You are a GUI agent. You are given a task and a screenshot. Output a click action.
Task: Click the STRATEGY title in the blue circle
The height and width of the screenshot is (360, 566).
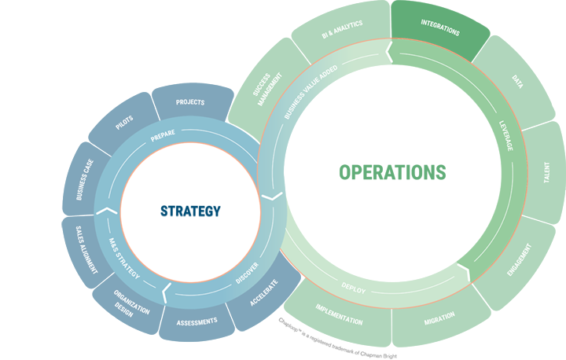click(190, 211)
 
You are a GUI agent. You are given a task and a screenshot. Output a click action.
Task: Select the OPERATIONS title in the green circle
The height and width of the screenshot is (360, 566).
click(392, 172)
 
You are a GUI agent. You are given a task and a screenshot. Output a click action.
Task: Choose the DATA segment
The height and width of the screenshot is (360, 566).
click(517, 81)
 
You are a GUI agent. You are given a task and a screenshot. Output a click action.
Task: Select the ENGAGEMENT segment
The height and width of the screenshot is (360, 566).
click(520, 260)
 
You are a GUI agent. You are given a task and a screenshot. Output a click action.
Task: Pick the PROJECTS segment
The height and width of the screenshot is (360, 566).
click(191, 102)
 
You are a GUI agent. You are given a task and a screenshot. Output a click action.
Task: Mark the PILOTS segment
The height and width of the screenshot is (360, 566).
click(124, 122)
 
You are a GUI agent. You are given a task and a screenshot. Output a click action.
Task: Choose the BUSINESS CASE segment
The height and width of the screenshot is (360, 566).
click(84, 179)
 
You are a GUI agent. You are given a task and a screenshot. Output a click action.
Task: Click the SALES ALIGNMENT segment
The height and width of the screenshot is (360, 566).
click(86, 250)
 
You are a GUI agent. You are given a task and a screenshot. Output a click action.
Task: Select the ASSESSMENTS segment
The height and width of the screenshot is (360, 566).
click(197, 322)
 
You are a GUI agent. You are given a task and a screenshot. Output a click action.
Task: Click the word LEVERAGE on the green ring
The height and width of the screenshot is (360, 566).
click(506, 136)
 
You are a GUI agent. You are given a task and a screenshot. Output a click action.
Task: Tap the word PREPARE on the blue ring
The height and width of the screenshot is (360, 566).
click(163, 135)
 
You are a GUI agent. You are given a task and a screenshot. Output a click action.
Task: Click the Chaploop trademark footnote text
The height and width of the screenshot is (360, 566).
click(337, 338)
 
